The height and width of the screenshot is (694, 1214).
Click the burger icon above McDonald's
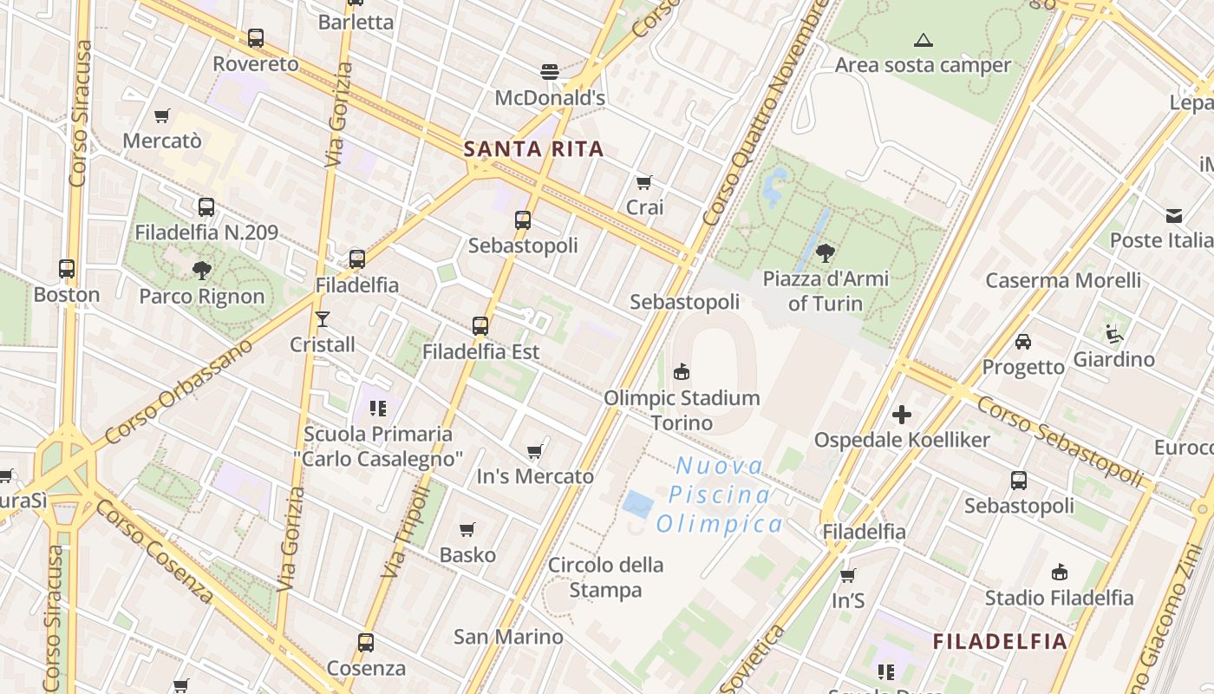[549, 71]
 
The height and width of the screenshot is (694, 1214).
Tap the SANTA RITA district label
[533, 148]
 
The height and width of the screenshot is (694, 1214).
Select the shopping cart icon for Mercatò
[162, 115]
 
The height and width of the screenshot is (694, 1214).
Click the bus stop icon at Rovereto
[255, 38]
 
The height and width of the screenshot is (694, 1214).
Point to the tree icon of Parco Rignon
[202, 270]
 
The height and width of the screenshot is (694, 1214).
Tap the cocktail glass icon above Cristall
[323, 319]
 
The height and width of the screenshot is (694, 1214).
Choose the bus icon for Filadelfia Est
[480, 326]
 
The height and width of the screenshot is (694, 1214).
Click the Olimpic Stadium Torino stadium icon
[682, 372]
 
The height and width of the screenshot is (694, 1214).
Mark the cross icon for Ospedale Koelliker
[902, 415]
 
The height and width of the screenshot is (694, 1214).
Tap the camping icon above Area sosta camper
[924, 40]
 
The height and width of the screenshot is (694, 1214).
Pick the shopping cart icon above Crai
[644, 182]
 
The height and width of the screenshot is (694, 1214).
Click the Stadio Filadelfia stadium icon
[1059, 572]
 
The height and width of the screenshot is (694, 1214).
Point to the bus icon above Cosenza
[366, 643]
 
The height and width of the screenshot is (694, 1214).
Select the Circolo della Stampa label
[606, 578]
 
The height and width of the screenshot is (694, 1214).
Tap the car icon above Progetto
[1023, 341]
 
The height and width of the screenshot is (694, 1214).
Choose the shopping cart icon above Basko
[467, 529]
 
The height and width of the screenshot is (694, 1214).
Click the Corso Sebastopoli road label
[1061, 441]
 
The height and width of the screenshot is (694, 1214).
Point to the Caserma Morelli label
[1063, 280]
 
